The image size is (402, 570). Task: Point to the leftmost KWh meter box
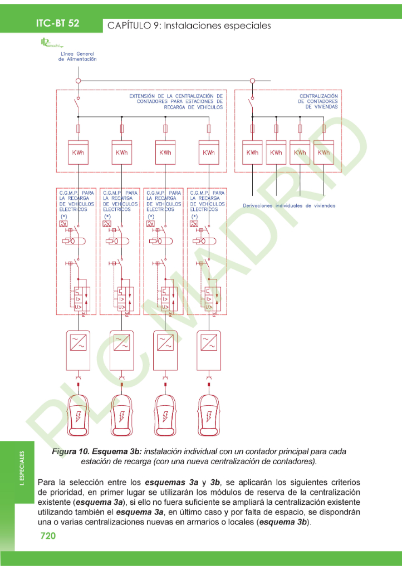click(x=78, y=152)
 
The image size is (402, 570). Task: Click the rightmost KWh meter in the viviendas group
click(x=323, y=152)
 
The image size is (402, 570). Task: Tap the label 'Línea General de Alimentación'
click(x=77, y=56)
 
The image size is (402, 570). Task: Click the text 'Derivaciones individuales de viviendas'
click(x=289, y=205)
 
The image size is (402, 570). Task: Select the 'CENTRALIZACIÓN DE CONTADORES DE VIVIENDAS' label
click(x=318, y=101)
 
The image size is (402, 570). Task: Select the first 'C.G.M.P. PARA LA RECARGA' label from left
click(x=76, y=200)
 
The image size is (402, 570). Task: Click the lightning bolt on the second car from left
click(x=121, y=417)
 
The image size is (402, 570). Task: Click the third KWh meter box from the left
click(x=165, y=152)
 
